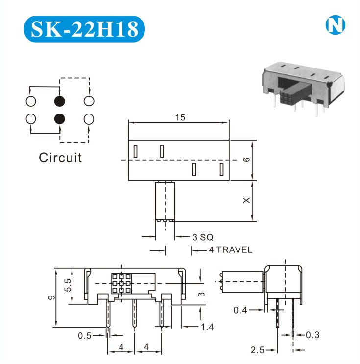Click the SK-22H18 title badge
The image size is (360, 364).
pos(84,29)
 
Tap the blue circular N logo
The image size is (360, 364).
pos(336,25)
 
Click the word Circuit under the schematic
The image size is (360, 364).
pos(60,158)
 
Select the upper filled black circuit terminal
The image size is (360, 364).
pos(59,101)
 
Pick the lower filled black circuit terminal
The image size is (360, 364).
pos(59,119)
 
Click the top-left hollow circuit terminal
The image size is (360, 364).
pos(31,101)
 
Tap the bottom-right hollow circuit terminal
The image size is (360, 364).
pos(89,119)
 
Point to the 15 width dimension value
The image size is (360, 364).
pos(180,117)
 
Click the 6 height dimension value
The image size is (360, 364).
pos(246,159)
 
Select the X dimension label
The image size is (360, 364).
pos(246,200)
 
